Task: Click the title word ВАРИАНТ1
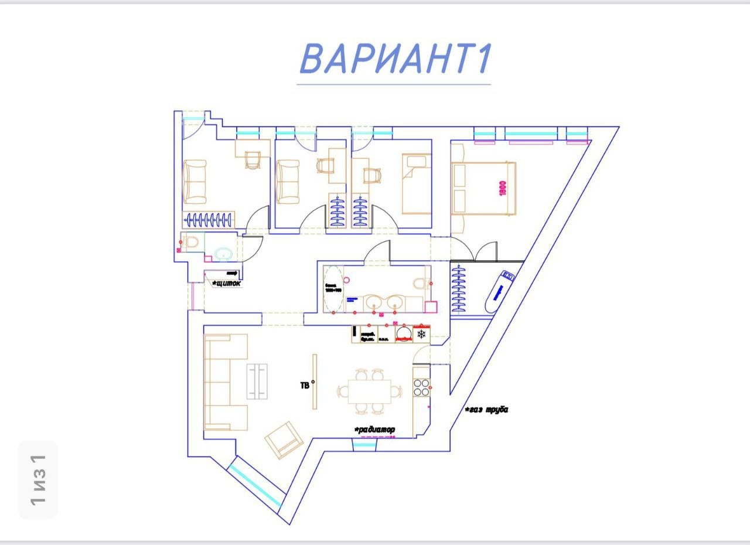[x=394, y=59]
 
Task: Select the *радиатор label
[x=375, y=430]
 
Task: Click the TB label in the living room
[x=305, y=385]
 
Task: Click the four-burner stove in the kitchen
[x=421, y=387]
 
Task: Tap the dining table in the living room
[x=369, y=391]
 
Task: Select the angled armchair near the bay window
[x=284, y=439]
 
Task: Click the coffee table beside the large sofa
[x=257, y=381]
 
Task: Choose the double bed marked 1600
[x=483, y=188]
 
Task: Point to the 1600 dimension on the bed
[x=503, y=188]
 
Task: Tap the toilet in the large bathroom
[x=421, y=284]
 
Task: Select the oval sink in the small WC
[x=223, y=254]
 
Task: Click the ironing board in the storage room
[x=499, y=290]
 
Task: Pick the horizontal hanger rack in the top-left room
[x=209, y=220]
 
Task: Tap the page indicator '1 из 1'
[x=38, y=479]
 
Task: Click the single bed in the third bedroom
[x=416, y=183]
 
